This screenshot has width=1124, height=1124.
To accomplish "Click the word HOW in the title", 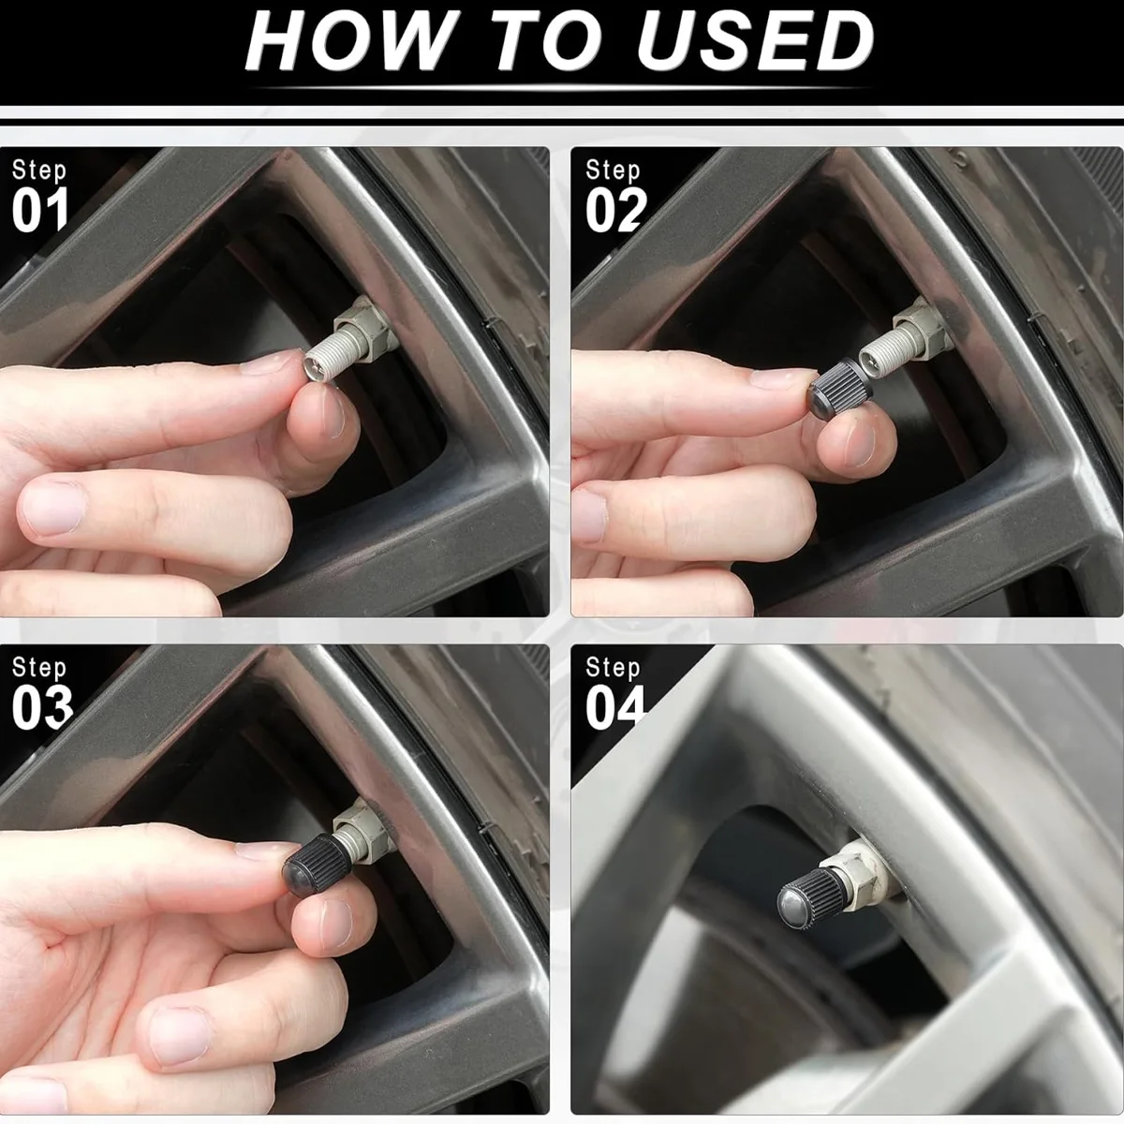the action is [348, 41].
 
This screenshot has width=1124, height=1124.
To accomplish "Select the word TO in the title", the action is [545, 41].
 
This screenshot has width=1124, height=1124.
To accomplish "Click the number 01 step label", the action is [39, 210].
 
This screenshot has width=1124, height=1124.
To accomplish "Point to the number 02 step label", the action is [616, 210].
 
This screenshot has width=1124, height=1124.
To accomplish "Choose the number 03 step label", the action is [42, 707].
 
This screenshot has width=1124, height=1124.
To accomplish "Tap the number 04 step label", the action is [615, 707].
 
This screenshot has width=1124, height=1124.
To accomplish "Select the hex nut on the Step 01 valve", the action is [365, 329].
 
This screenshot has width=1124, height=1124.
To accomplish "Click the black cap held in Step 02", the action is [840, 387].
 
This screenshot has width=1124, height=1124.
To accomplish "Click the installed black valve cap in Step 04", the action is [812, 898].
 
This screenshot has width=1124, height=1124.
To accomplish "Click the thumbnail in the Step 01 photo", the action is [332, 411].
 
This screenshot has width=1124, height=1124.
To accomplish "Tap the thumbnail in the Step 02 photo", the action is [861, 444].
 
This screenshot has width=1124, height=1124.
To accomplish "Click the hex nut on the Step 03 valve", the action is [362, 831].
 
